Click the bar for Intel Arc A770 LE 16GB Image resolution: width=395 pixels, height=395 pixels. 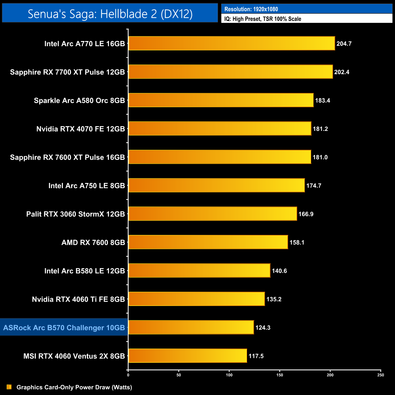(x=232, y=43)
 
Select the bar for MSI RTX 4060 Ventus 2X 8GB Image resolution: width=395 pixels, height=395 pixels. (x=188, y=356)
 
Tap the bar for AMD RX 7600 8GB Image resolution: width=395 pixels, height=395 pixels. (x=208, y=242)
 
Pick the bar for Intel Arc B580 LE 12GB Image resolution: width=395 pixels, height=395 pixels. (x=199, y=271)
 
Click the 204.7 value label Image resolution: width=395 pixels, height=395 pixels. (x=344, y=44)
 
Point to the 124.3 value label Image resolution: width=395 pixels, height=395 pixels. (x=263, y=328)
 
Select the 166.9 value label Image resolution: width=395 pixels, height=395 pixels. (x=306, y=214)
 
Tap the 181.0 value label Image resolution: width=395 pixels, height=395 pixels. (x=320, y=157)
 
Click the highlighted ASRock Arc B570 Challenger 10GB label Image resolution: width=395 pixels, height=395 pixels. (x=64, y=328)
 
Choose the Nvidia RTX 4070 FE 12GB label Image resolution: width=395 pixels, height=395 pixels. (x=81, y=129)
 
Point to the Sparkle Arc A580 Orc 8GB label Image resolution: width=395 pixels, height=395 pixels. (x=79, y=101)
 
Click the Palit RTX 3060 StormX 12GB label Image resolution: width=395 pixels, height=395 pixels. (x=76, y=214)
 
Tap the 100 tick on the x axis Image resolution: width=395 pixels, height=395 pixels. (x=229, y=375)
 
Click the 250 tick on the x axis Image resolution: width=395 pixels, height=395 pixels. (x=381, y=375)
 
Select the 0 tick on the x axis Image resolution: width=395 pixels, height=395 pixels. (x=128, y=375)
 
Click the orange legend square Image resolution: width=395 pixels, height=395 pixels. (x=9, y=387)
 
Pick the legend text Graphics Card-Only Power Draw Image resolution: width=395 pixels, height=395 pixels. (x=74, y=387)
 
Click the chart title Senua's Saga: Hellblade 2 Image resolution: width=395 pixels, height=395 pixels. (x=110, y=14)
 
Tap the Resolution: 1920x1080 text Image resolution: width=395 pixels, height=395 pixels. (x=251, y=9)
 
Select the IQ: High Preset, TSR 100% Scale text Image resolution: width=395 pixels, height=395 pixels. (x=263, y=19)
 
